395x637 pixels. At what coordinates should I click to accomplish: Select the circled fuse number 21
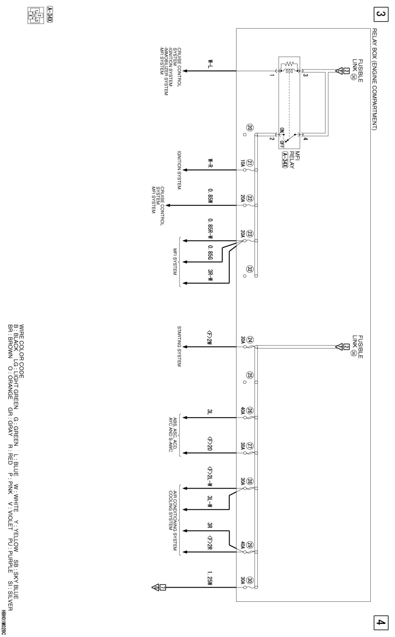click(x=250, y=163)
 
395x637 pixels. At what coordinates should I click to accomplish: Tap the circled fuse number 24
click(x=250, y=340)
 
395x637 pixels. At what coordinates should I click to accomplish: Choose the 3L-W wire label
click(x=210, y=501)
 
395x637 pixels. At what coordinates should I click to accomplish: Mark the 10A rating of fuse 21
click(x=242, y=164)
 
